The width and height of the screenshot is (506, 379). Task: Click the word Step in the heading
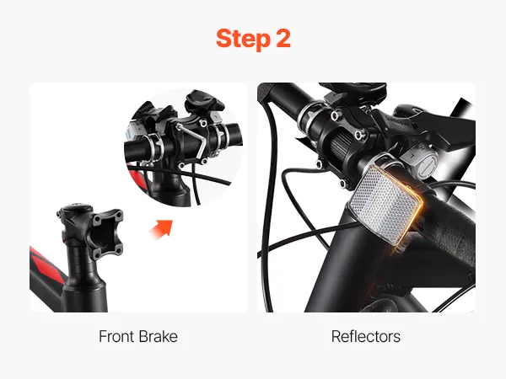click(x=243, y=39)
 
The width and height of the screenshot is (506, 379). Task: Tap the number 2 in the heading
click(x=283, y=39)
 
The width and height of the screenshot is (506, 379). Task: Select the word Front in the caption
click(x=116, y=336)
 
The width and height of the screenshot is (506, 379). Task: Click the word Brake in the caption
click(x=159, y=336)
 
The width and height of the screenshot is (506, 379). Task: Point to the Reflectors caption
click(x=366, y=336)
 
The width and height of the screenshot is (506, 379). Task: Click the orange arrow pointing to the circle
click(x=161, y=229)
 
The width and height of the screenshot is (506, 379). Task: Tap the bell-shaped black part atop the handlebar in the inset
click(x=202, y=100)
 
